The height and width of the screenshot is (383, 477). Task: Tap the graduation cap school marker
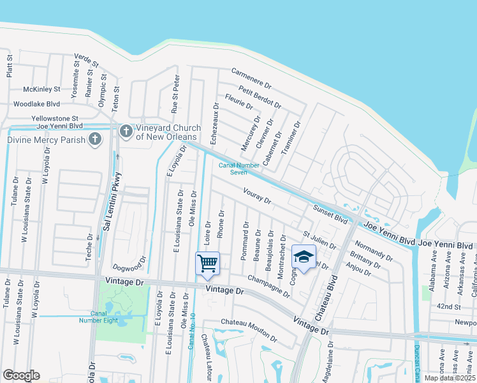point(304,257)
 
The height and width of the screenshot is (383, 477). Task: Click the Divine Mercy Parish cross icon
point(95,139)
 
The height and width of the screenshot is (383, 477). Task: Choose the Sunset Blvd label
point(330,214)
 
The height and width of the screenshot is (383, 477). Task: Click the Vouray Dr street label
point(257,195)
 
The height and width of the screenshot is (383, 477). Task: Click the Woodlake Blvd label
point(36,103)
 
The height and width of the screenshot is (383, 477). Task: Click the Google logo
point(21,375)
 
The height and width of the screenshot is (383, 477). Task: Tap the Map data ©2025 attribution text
point(450,378)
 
